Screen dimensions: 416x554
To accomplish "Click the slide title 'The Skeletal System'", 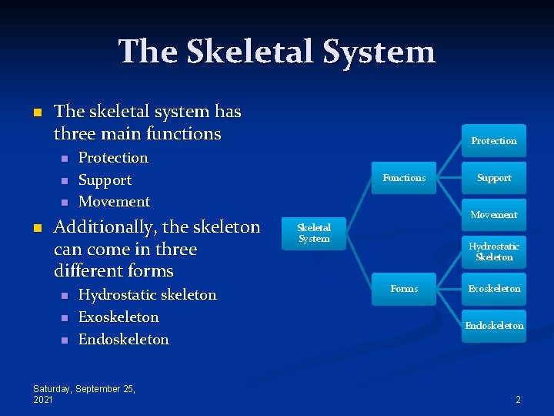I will pos(277,52).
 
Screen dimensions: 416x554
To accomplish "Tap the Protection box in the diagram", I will pos(494,141).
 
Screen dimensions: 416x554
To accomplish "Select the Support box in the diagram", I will pos(494,178).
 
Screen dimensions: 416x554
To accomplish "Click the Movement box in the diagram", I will pos(494,215).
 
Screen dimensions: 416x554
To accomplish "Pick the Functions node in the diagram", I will pos(404,178).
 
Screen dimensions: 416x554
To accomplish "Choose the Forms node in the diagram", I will pos(404,289).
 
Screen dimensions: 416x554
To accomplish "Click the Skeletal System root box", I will pos(314,233).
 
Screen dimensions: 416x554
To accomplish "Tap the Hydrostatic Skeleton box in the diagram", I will pos(494,252).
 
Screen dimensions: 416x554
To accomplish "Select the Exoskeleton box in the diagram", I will pos(494,289).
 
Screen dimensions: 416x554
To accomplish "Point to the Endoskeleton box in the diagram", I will pos(494,326).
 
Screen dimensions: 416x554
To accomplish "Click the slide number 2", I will pos(518,400).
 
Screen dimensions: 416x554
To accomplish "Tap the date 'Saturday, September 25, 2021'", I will pos(84,394).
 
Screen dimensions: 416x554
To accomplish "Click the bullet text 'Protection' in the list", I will pos(113,158).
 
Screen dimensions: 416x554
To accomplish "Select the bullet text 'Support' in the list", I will pos(105,180).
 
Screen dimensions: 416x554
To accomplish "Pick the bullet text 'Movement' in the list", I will pos(114,202).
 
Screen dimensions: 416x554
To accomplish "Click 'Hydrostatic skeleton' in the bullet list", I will pos(147,295).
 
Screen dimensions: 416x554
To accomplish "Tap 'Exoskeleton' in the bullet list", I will pos(118,317).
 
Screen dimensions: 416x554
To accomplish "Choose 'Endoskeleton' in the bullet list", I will pos(123,340).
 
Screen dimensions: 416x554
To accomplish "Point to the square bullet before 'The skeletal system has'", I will pos(36,112).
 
